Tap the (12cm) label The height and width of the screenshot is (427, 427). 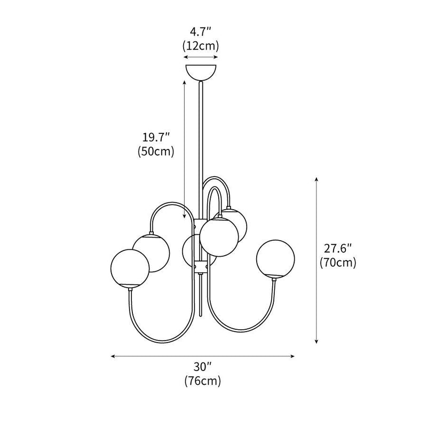(201, 46)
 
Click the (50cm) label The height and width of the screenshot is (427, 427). (156, 152)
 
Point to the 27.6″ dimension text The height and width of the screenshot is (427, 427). (338, 249)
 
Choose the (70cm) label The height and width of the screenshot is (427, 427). (338, 262)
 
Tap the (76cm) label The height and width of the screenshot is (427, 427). (202, 381)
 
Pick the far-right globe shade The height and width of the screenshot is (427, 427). (275, 258)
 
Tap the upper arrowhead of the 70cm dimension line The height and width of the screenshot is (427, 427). (317, 179)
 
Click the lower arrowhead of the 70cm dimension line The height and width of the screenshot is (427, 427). (317, 342)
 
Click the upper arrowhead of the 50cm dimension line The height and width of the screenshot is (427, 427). (185, 83)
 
